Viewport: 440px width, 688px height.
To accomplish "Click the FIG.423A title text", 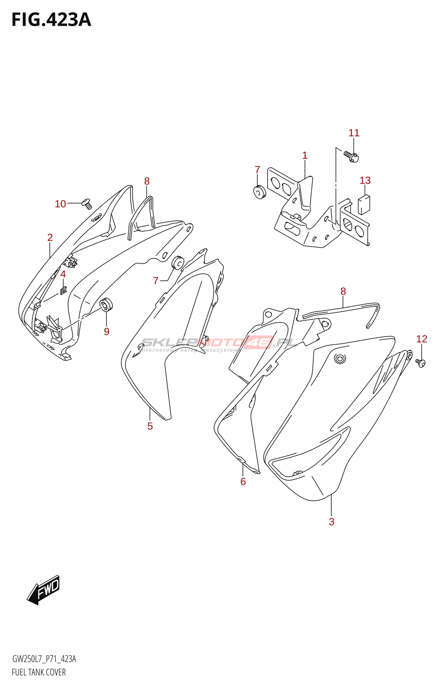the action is (x=51, y=20).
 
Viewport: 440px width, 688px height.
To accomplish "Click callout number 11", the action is (x=354, y=133).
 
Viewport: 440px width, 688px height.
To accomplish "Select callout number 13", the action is (x=365, y=181).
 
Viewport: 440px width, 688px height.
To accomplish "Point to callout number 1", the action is (x=305, y=156).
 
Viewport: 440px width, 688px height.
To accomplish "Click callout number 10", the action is (x=60, y=204).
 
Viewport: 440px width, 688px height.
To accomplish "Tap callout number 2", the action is (x=50, y=237).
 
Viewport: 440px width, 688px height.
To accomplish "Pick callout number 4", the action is (x=63, y=274).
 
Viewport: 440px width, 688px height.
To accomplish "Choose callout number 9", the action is (x=107, y=332).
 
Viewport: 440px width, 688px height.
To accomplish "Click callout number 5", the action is (x=150, y=426).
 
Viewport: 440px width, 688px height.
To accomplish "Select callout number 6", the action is (x=243, y=482).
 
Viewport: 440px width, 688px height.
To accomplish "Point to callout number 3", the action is (x=331, y=522).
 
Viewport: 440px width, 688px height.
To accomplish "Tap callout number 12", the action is (x=422, y=339).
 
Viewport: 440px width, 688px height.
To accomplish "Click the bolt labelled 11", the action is (x=351, y=156).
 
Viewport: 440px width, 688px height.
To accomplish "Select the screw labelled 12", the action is (x=420, y=363).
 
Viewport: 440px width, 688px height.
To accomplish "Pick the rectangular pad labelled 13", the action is (x=364, y=204).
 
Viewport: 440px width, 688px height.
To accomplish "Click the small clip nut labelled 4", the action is (x=64, y=291).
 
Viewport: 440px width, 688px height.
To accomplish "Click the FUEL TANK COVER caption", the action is (x=39, y=673).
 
